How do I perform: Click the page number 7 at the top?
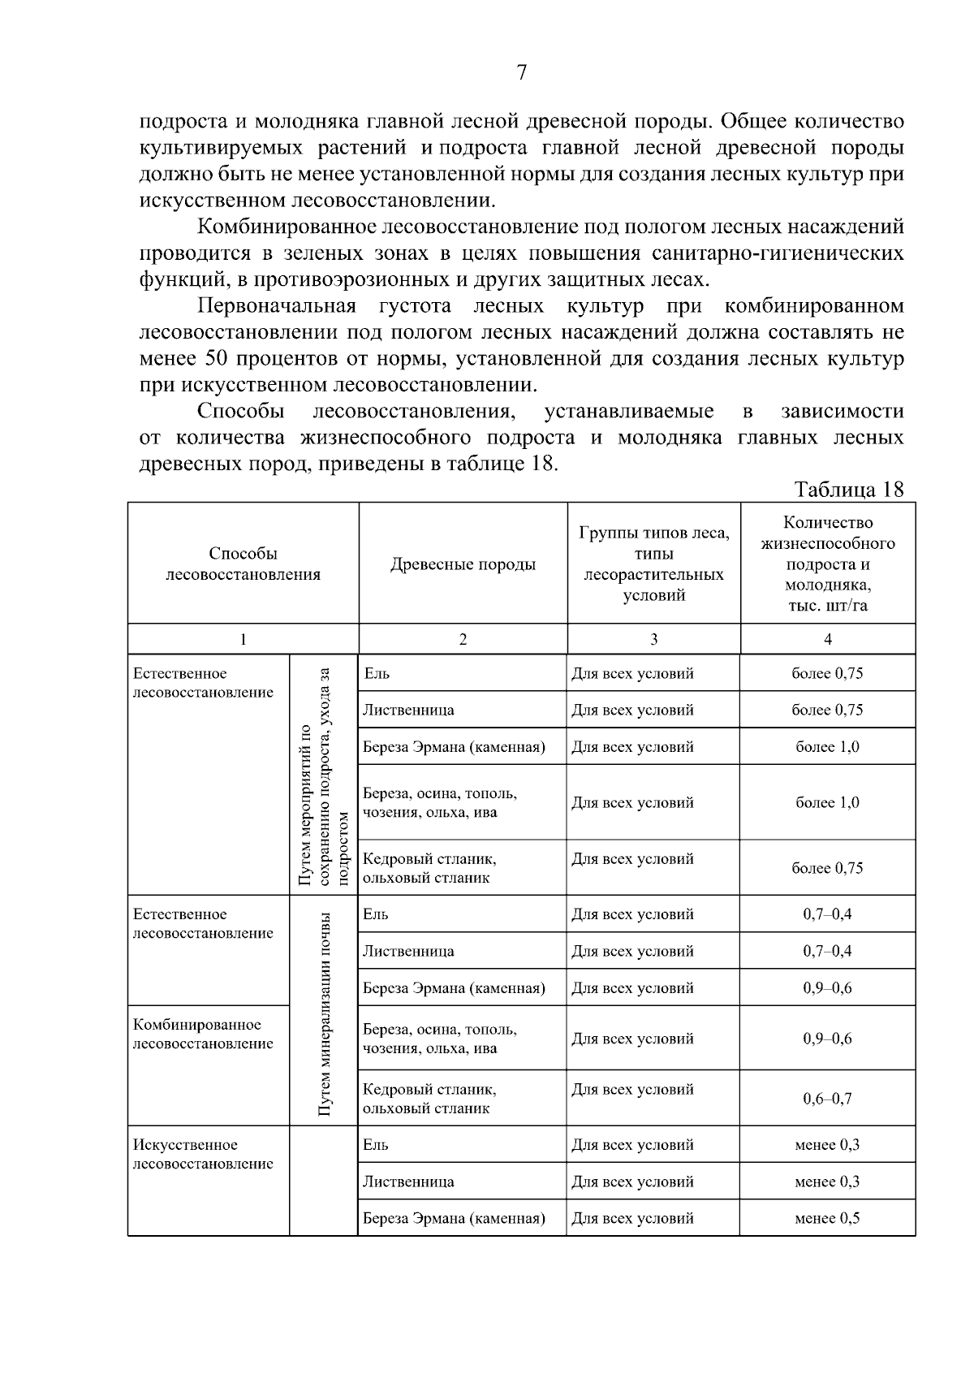pyautogui.click(x=522, y=73)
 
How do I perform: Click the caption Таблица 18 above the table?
pyautogui.click(x=849, y=490)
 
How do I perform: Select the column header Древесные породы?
pyautogui.click(x=463, y=564)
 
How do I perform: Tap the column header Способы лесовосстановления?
pyautogui.click(x=243, y=564)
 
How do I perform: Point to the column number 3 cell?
pyautogui.click(x=653, y=639)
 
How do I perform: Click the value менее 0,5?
pyautogui.click(x=827, y=1218)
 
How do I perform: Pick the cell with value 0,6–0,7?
pyautogui.click(x=827, y=1099)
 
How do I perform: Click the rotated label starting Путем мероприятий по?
pyautogui.click(x=323, y=775)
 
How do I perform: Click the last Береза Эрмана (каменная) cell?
pyautogui.click(x=454, y=1218)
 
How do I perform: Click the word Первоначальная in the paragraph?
pyautogui.click(x=277, y=306)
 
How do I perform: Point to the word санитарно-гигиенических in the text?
pyautogui.click(x=778, y=253)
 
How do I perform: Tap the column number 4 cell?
pyautogui.click(x=827, y=639)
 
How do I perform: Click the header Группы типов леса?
pyautogui.click(x=653, y=533)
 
